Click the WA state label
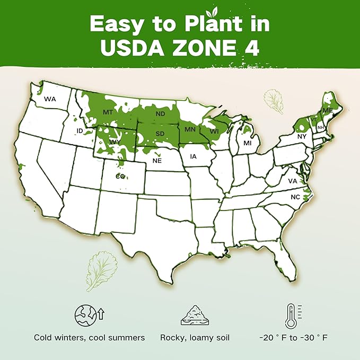[50, 99]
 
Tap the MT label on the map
[108, 112]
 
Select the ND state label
[160, 114]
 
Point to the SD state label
[160, 133]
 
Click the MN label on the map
[190, 129]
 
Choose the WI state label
[214, 131]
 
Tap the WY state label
[115, 142]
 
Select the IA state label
[194, 156]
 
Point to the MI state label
[247, 143]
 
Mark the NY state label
[302, 136]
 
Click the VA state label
[292, 181]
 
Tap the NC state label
[295, 197]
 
